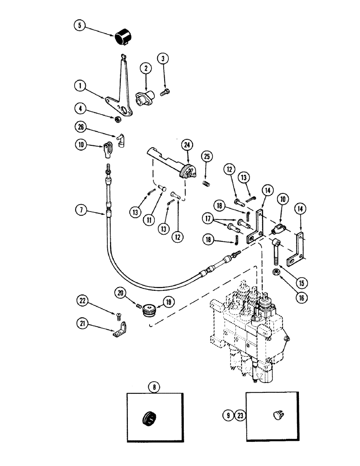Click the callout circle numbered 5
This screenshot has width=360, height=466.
click(80, 26)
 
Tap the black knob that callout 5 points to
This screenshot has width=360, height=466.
click(124, 36)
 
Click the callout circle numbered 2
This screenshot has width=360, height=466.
click(146, 68)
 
